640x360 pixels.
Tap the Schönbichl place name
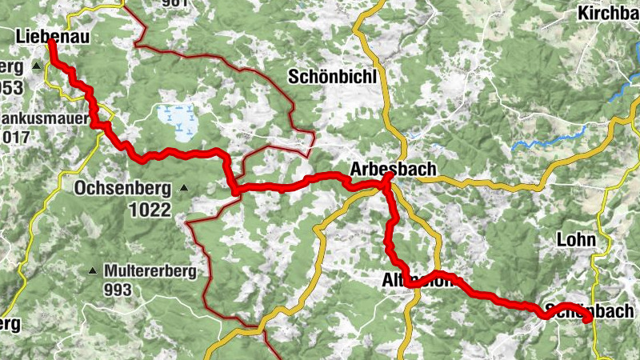point(332,77)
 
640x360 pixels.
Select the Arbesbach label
point(393,169)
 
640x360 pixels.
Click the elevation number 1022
point(149,210)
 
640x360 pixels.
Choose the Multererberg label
point(150,271)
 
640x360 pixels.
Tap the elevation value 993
point(118,290)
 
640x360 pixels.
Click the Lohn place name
point(577,239)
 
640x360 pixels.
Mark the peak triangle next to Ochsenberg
point(184,189)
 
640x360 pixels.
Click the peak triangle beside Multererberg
point(94,271)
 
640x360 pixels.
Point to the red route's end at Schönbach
point(588,320)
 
